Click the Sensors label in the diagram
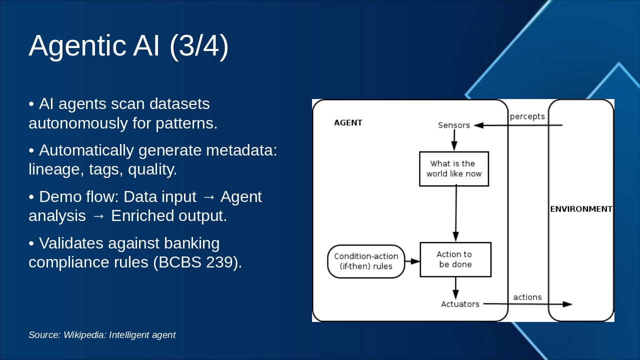coord(453,125)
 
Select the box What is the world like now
coord(454,169)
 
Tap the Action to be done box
coord(455,259)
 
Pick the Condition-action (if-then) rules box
coord(366,261)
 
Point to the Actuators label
coord(460,304)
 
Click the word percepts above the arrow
coord(527,116)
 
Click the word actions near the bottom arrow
coord(527,297)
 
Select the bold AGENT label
coord(348,122)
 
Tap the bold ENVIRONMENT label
coord(581,209)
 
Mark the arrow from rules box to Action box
coord(412,261)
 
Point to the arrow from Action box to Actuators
coord(455,288)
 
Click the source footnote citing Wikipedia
coord(102,335)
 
